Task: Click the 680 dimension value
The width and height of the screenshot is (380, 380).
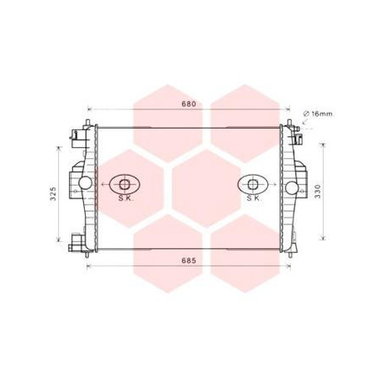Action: coord(189,104)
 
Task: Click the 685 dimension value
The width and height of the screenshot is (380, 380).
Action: coord(189,261)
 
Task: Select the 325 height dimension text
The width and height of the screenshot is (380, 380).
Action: coord(53,193)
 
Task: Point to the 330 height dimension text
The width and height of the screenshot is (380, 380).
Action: coord(317,192)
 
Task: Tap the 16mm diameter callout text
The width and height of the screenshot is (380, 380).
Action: coord(322,114)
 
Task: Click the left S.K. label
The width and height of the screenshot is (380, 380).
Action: coord(125,198)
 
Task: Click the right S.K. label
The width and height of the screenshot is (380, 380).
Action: coord(254,198)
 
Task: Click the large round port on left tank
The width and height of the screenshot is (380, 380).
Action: coord(85,183)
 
